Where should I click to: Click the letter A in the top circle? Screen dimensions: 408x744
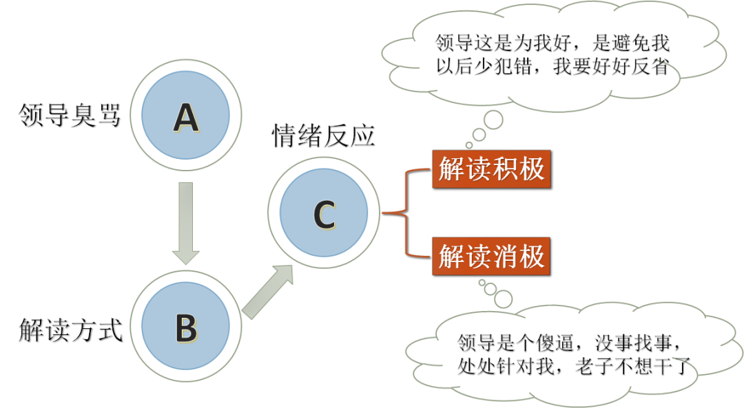pos(186,118)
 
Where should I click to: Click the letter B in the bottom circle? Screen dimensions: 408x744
pos(186,328)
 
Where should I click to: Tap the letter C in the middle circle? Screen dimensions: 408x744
pos(324,215)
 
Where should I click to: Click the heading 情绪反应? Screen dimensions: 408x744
pos(323,136)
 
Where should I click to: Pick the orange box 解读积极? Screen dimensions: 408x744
pos(491,169)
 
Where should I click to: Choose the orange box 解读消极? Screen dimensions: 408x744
pos(491,257)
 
